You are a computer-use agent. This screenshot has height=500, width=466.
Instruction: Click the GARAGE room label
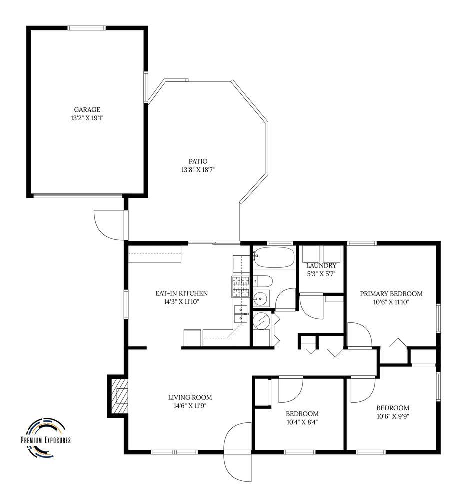[87, 109]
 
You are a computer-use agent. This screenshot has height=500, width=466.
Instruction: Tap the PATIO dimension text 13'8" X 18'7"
[198, 170]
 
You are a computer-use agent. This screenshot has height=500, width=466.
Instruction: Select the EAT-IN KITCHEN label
[181, 293]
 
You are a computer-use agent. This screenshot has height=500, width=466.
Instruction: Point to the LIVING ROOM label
[190, 397]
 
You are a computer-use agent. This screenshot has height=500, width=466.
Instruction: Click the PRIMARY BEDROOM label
[391, 293]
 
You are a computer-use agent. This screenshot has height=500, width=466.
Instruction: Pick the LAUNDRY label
[321, 265]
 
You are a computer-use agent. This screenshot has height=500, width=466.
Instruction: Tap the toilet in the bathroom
[263, 281]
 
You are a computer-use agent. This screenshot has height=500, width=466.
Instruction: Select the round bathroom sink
[261, 299]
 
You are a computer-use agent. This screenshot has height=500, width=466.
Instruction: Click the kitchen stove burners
[241, 286]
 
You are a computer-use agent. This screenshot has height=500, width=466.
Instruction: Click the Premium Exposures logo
[46, 437]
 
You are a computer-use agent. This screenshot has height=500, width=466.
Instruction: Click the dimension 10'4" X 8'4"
[302, 422]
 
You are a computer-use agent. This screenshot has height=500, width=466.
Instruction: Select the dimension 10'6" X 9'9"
[393, 416]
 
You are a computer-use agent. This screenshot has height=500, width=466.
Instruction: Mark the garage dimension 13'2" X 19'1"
[87, 118]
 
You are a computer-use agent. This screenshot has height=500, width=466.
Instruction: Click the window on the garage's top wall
[87, 28]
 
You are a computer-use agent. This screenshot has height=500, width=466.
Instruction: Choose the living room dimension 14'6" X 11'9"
[190, 406]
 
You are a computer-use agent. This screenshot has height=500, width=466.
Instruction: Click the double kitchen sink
[241, 314]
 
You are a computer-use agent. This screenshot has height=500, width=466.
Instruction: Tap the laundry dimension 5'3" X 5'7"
[321, 274]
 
